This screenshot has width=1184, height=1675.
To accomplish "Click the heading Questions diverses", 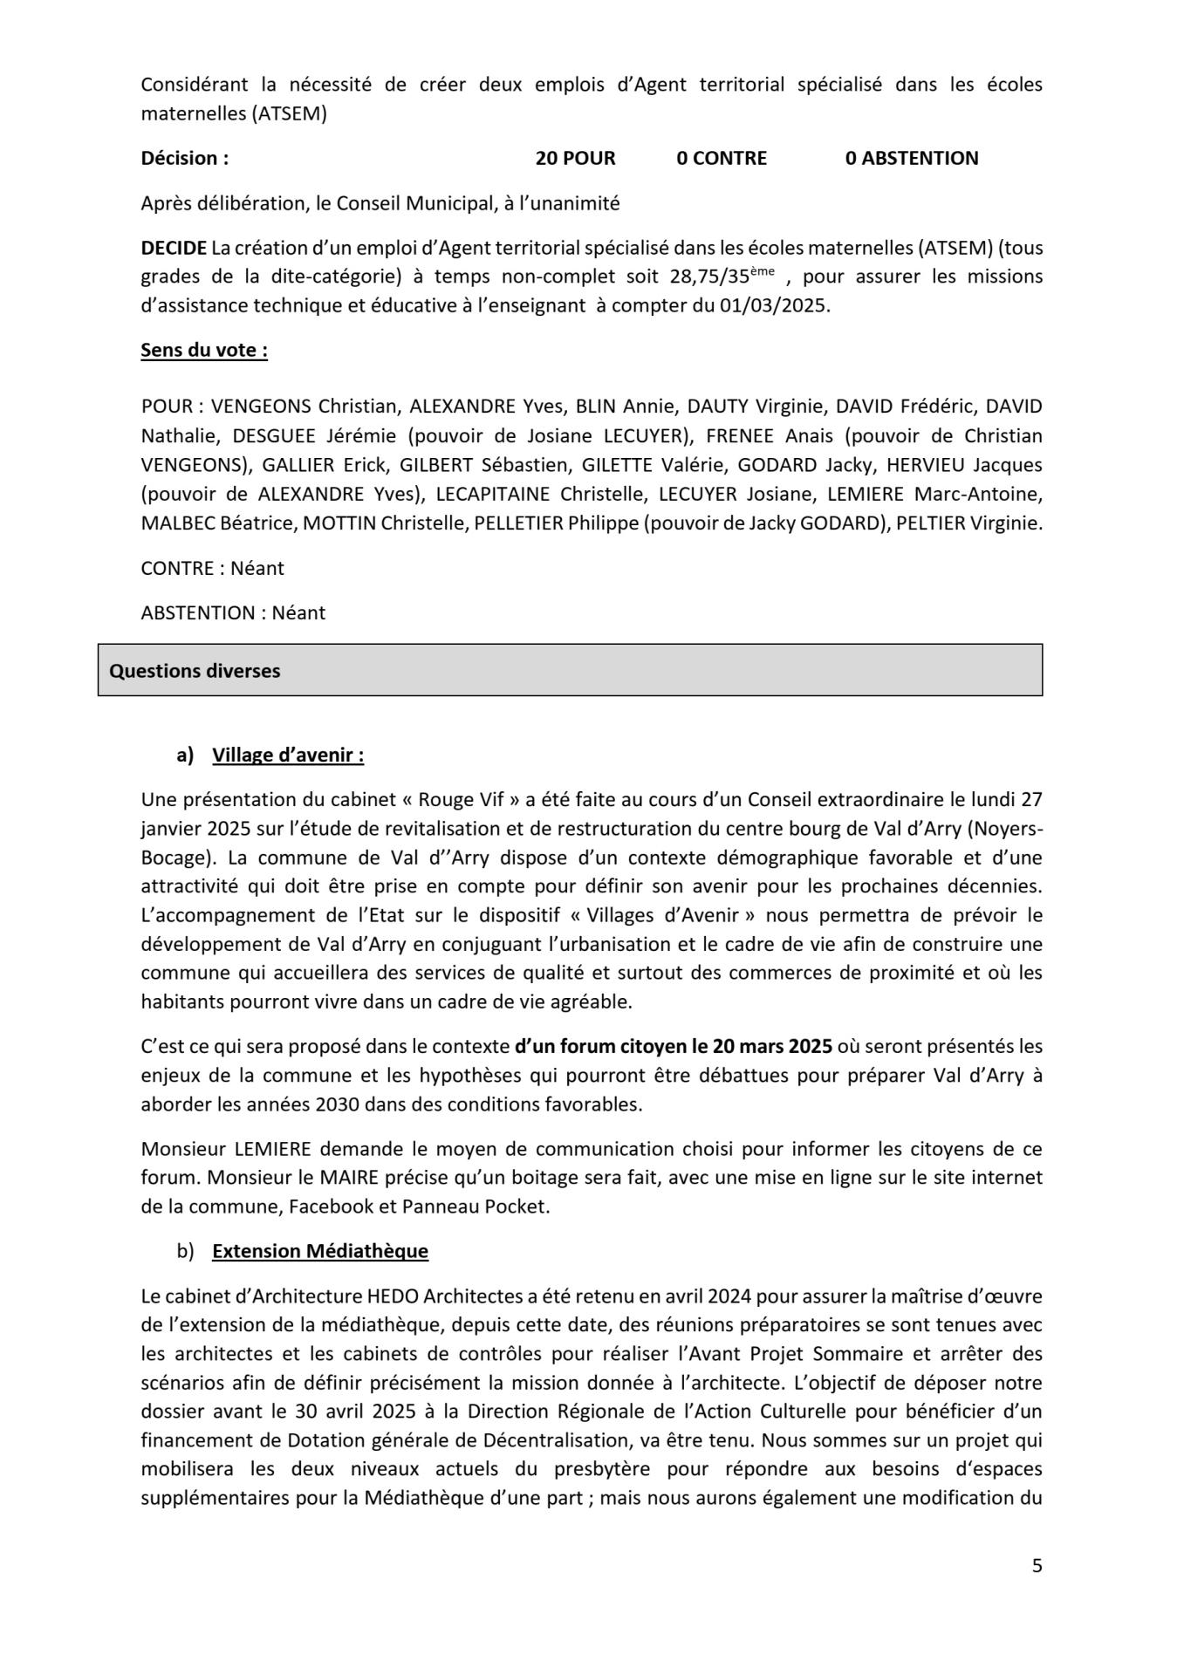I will [195, 671].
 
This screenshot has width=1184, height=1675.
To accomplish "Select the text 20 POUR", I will [575, 158].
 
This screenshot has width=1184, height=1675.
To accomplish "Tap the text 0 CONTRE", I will [722, 158].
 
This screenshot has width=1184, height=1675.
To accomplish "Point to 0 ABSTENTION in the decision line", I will [912, 158].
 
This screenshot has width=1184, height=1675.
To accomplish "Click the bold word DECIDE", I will [174, 248].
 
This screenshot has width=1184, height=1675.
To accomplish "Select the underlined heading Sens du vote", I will [204, 351].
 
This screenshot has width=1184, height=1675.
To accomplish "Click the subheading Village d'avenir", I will [288, 755].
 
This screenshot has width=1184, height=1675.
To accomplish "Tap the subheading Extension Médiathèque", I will [320, 1251].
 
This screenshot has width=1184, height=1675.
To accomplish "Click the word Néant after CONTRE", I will [257, 569].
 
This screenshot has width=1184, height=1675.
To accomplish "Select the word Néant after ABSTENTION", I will [298, 613].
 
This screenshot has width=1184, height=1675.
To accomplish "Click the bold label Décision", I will [184, 158].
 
